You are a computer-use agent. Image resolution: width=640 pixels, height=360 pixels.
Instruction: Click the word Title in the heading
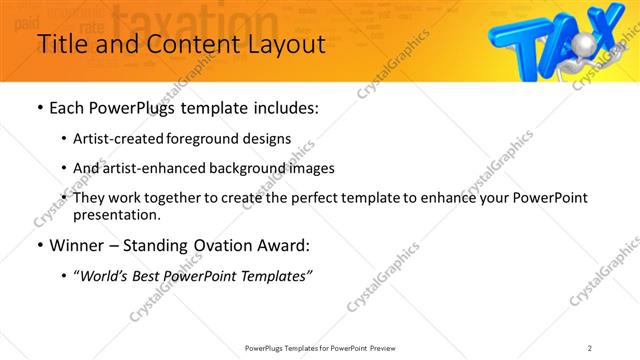coord(62,45)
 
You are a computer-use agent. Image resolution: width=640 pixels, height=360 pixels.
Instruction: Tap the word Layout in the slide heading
coord(283,45)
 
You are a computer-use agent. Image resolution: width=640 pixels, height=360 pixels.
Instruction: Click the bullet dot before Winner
coord(39,245)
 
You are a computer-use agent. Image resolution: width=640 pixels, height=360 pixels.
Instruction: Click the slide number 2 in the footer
coord(590,347)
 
